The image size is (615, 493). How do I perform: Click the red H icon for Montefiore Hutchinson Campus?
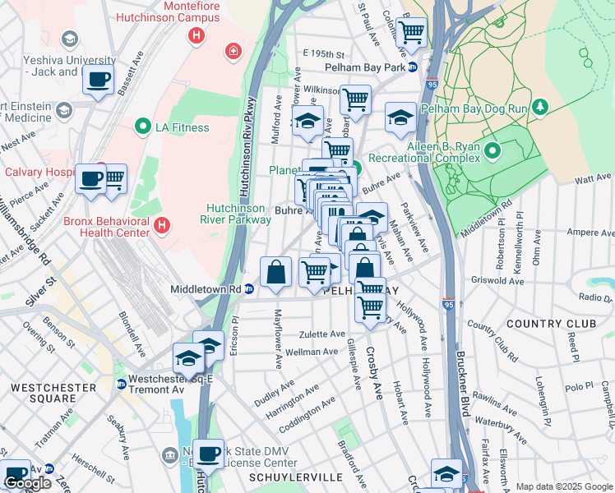[196, 35]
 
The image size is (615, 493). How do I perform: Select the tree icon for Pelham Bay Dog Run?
[540, 107]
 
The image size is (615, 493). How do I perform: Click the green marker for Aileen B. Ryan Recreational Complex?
[492, 150]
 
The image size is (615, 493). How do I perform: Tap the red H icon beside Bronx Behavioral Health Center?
[162, 223]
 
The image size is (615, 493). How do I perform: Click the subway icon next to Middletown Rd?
[248, 289]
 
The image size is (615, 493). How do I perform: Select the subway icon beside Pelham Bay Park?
[413, 67]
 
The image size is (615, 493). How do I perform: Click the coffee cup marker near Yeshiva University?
[98, 80]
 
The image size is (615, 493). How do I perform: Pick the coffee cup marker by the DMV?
[209, 453]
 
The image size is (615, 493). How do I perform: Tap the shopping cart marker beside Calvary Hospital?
[113, 177]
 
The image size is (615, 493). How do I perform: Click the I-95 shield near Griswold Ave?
[449, 305]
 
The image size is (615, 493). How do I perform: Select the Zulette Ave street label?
[321, 334]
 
